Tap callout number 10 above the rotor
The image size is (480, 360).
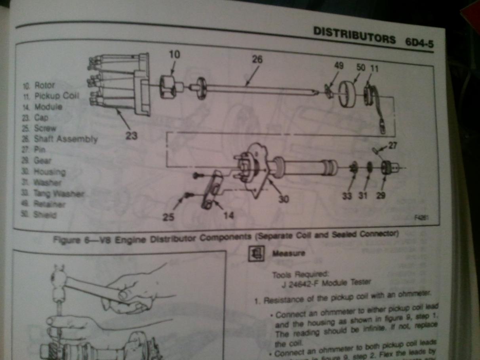(x=174, y=54)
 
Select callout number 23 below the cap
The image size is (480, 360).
(x=132, y=136)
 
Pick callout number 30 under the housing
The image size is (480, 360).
(x=283, y=199)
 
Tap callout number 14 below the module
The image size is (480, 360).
(x=229, y=215)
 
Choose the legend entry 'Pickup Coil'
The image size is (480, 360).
(x=57, y=96)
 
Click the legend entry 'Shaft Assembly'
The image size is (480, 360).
(x=65, y=139)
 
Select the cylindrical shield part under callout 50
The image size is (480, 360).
(x=348, y=93)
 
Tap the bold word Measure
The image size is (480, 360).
(x=288, y=254)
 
